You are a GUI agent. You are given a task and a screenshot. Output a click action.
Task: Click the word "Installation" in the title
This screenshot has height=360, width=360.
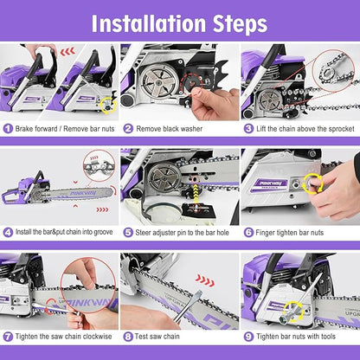click(141, 22)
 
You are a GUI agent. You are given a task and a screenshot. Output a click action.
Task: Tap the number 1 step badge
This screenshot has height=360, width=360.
click(8, 128)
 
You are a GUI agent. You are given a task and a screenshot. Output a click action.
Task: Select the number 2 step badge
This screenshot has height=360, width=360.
click(128, 128)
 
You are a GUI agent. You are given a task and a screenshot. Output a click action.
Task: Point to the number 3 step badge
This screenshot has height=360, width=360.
click(247, 128)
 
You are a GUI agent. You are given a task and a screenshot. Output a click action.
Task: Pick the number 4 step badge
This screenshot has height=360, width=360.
click(8, 232)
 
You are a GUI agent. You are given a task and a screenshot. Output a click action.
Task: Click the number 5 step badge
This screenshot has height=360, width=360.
click(128, 232)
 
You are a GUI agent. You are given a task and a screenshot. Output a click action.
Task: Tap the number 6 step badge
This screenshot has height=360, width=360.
click(247, 232)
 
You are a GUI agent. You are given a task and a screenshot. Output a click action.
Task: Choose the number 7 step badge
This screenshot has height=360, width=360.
click(8, 336)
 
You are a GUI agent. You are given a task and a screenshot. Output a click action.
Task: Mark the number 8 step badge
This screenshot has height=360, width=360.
click(128, 336)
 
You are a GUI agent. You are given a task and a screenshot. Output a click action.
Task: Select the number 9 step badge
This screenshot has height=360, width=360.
click(247, 336)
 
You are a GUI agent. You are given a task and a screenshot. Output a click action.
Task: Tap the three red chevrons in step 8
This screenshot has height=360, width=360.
click(204, 280)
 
